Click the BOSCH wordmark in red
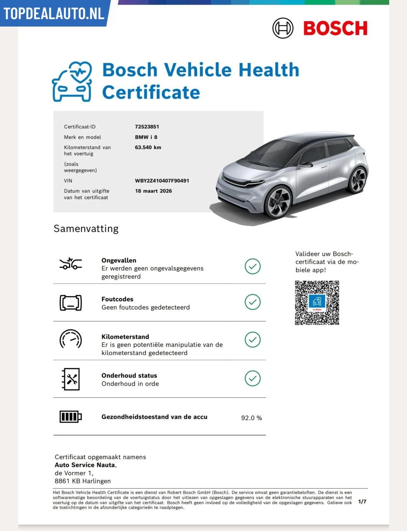pos(335,28)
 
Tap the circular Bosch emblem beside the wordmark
pos(283,28)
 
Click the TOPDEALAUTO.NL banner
pos(54,13)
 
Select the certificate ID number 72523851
pos(147,127)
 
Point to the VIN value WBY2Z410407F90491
pos(162,181)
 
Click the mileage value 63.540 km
pos(148,147)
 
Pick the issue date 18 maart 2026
pos(153,191)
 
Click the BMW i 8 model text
pos(146,137)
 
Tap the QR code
pos(317,303)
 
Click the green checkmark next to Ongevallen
pos(252,266)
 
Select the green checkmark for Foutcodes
pos(252,302)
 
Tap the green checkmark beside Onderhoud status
pos(252,378)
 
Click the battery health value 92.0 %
pos(251,418)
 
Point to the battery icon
pos(71,417)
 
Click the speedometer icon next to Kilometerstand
pos(71,340)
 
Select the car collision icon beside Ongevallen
pos(71,264)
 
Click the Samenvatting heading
pos(86,229)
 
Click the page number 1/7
pos(362,502)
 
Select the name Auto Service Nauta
pos(85,465)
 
